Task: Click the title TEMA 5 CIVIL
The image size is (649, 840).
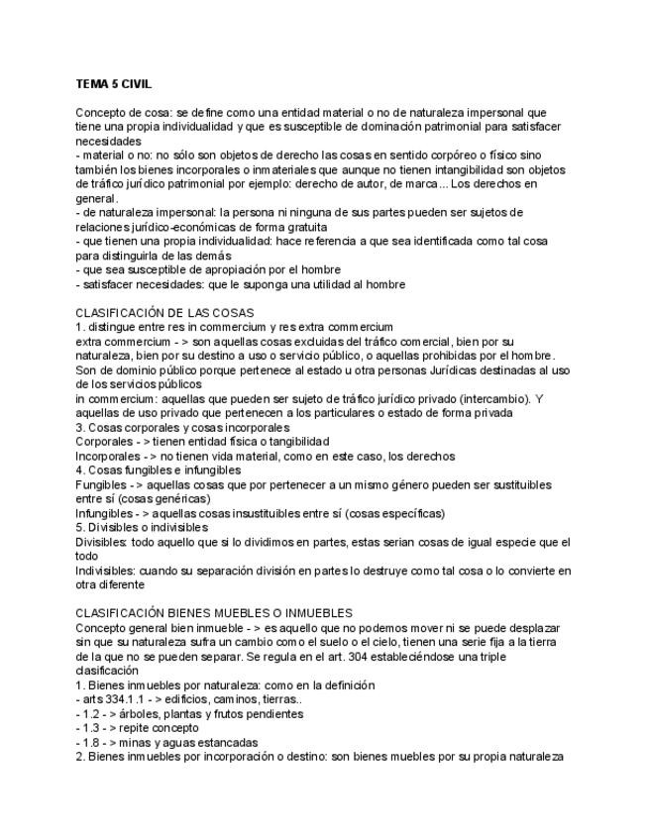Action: [x=114, y=84]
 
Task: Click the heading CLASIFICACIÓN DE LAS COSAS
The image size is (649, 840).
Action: [x=164, y=313]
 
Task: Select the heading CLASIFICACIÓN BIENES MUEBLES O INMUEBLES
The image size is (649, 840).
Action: [x=213, y=613]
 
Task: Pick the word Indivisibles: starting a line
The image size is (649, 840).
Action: [x=107, y=571]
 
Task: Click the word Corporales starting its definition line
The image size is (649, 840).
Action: [x=103, y=442]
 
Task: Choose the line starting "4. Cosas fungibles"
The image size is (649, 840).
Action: [x=158, y=471]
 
